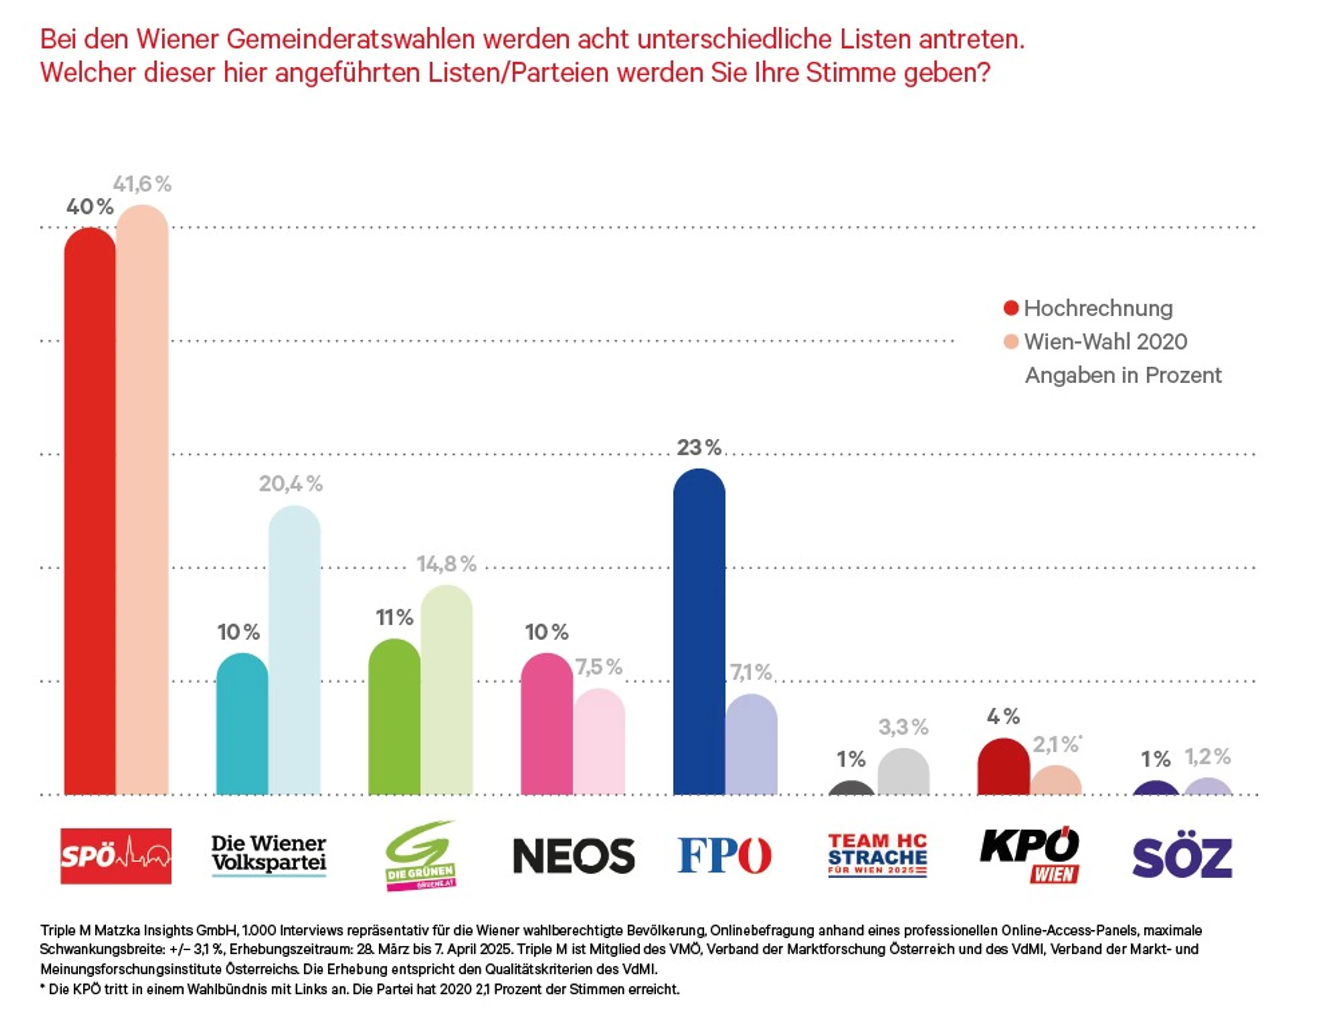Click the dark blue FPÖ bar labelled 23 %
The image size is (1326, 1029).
[x=699, y=631]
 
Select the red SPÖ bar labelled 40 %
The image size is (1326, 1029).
[x=90, y=511]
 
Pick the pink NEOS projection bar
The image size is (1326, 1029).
[x=546, y=723]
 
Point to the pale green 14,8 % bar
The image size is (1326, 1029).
[x=446, y=690]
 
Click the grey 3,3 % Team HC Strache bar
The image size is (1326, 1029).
[x=903, y=771]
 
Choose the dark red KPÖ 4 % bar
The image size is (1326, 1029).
[x=1004, y=766]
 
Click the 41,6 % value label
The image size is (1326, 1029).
[x=142, y=183]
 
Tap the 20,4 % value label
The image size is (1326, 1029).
[x=291, y=483]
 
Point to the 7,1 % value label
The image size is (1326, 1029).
[x=751, y=672]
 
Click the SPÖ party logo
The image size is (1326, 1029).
[x=116, y=856]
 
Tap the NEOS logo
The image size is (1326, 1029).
[x=574, y=856]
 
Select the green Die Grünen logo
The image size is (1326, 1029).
[x=421, y=856]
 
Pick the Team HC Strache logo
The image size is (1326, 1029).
[x=878, y=856]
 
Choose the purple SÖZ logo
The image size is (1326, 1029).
[x=1183, y=857]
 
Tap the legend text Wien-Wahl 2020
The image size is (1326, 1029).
[x=1106, y=342]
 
